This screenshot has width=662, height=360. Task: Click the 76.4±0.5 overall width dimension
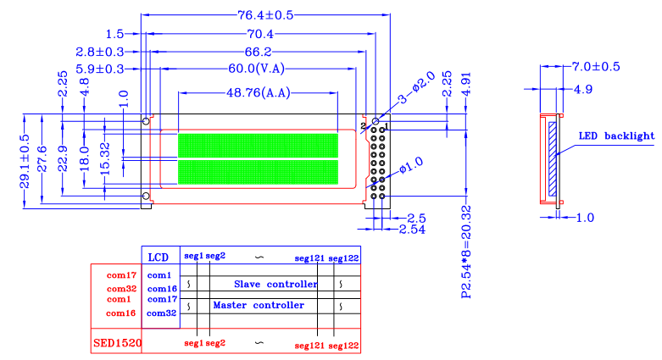265,15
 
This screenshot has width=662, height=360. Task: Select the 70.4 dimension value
260,34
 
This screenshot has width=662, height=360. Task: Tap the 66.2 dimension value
258,52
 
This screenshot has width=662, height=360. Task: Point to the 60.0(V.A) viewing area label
256,69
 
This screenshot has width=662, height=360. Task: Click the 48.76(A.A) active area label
259,93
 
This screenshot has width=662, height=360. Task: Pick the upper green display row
258,145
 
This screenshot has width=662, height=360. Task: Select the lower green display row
258,172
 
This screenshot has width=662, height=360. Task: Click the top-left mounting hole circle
146,121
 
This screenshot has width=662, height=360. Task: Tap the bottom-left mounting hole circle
146,196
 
